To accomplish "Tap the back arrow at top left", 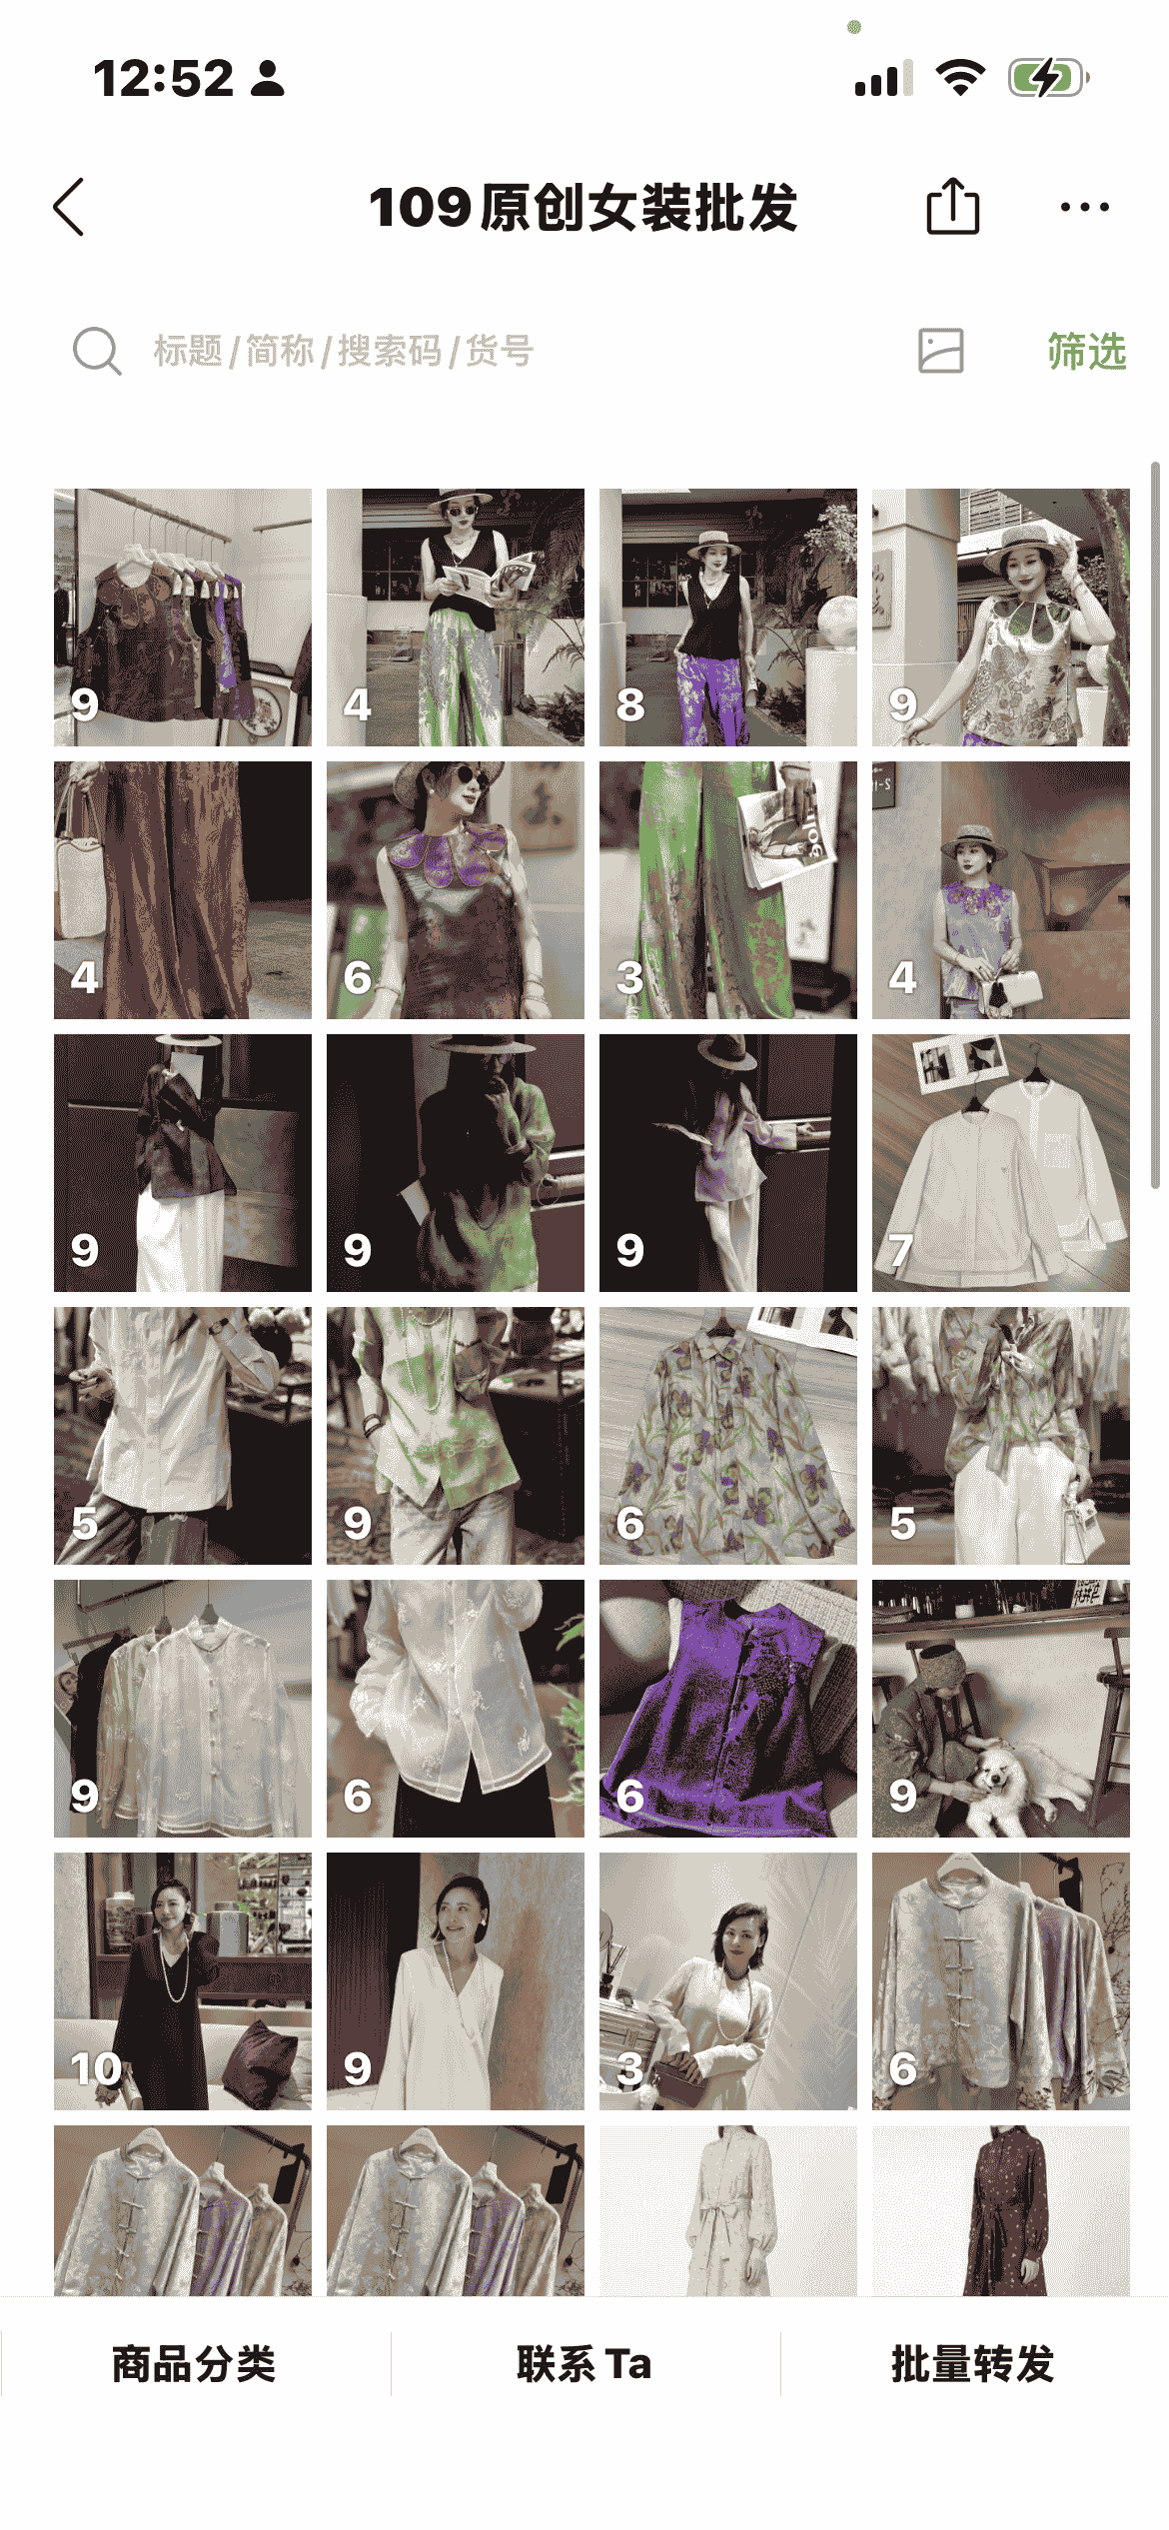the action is tap(68, 208).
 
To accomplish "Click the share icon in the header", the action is tap(952, 206).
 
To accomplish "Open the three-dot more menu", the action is tap(1084, 208).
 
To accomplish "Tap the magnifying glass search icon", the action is tap(97, 351).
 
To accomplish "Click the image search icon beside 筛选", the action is tap(940, 351).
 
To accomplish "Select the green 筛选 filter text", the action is tap(1087, 352).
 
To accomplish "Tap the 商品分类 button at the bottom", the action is tap(194, 2364).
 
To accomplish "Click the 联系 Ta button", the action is tap(584, 2364).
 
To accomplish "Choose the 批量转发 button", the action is tap(973, 2364).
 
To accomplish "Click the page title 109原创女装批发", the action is tap(584, 208).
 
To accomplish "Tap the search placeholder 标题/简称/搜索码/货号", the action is tap(344, 352).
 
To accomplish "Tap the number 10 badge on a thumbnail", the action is tap(96, 2068).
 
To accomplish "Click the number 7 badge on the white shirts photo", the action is tap(900, 1250).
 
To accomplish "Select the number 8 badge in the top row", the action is tap(630, 704).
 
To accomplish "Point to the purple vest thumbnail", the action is tap(728, 1709).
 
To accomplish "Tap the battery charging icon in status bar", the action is tap(1048, 78).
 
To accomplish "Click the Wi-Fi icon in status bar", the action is tap(960, 77).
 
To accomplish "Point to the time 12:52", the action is tap(163, 78).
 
